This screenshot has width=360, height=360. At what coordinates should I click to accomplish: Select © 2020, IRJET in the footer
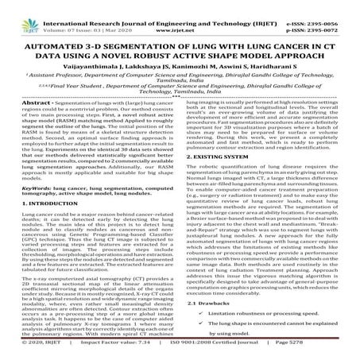point(29,353)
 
